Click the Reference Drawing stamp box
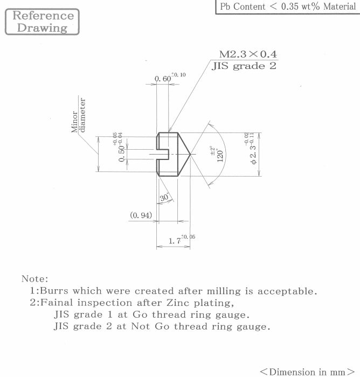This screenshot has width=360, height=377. [x=42, y=22]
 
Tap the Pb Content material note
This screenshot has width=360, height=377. [x=288, y=6]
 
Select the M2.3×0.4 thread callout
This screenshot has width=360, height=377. [x=248, y=54]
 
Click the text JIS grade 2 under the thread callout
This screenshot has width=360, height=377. [x=244, y=66]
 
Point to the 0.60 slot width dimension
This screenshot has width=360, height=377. [x=170, y=77]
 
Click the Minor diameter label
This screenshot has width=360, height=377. [x=79, y=115]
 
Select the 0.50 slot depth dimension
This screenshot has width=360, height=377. [x=119, y=147]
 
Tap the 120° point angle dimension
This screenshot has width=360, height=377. [x=218, y=154]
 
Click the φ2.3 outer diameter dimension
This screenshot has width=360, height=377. [x=250, y=148]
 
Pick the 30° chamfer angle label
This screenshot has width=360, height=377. [x=164, y=198]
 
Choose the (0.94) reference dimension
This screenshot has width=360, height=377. [x=141, y=215]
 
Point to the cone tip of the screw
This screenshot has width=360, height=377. [x=190, y=155]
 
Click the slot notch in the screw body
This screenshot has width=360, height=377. [x=163, y=154]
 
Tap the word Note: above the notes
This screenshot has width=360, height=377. [x=35, y=279]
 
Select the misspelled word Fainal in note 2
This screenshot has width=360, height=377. [x=57, y=303]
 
